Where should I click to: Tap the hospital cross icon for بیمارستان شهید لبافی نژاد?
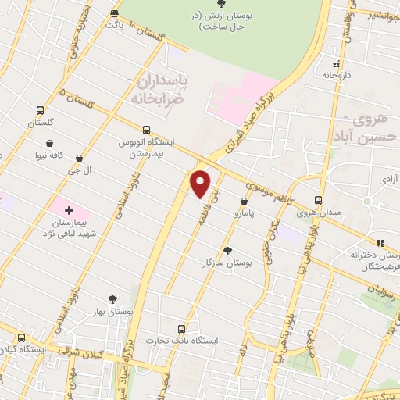[70, 210]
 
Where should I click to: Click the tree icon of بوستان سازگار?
[228, 251]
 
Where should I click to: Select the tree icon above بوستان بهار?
[114, 298]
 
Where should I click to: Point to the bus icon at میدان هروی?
[318, 199]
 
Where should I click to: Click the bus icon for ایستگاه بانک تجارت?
[183, 328]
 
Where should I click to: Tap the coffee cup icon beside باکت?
[115, 13]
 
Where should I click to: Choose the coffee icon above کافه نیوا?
[51, 144]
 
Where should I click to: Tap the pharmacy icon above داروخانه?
[336, 65]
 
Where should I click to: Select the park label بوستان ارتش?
[222, 21]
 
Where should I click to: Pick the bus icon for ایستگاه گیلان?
[21, 337]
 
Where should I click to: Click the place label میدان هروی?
[318, 212]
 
